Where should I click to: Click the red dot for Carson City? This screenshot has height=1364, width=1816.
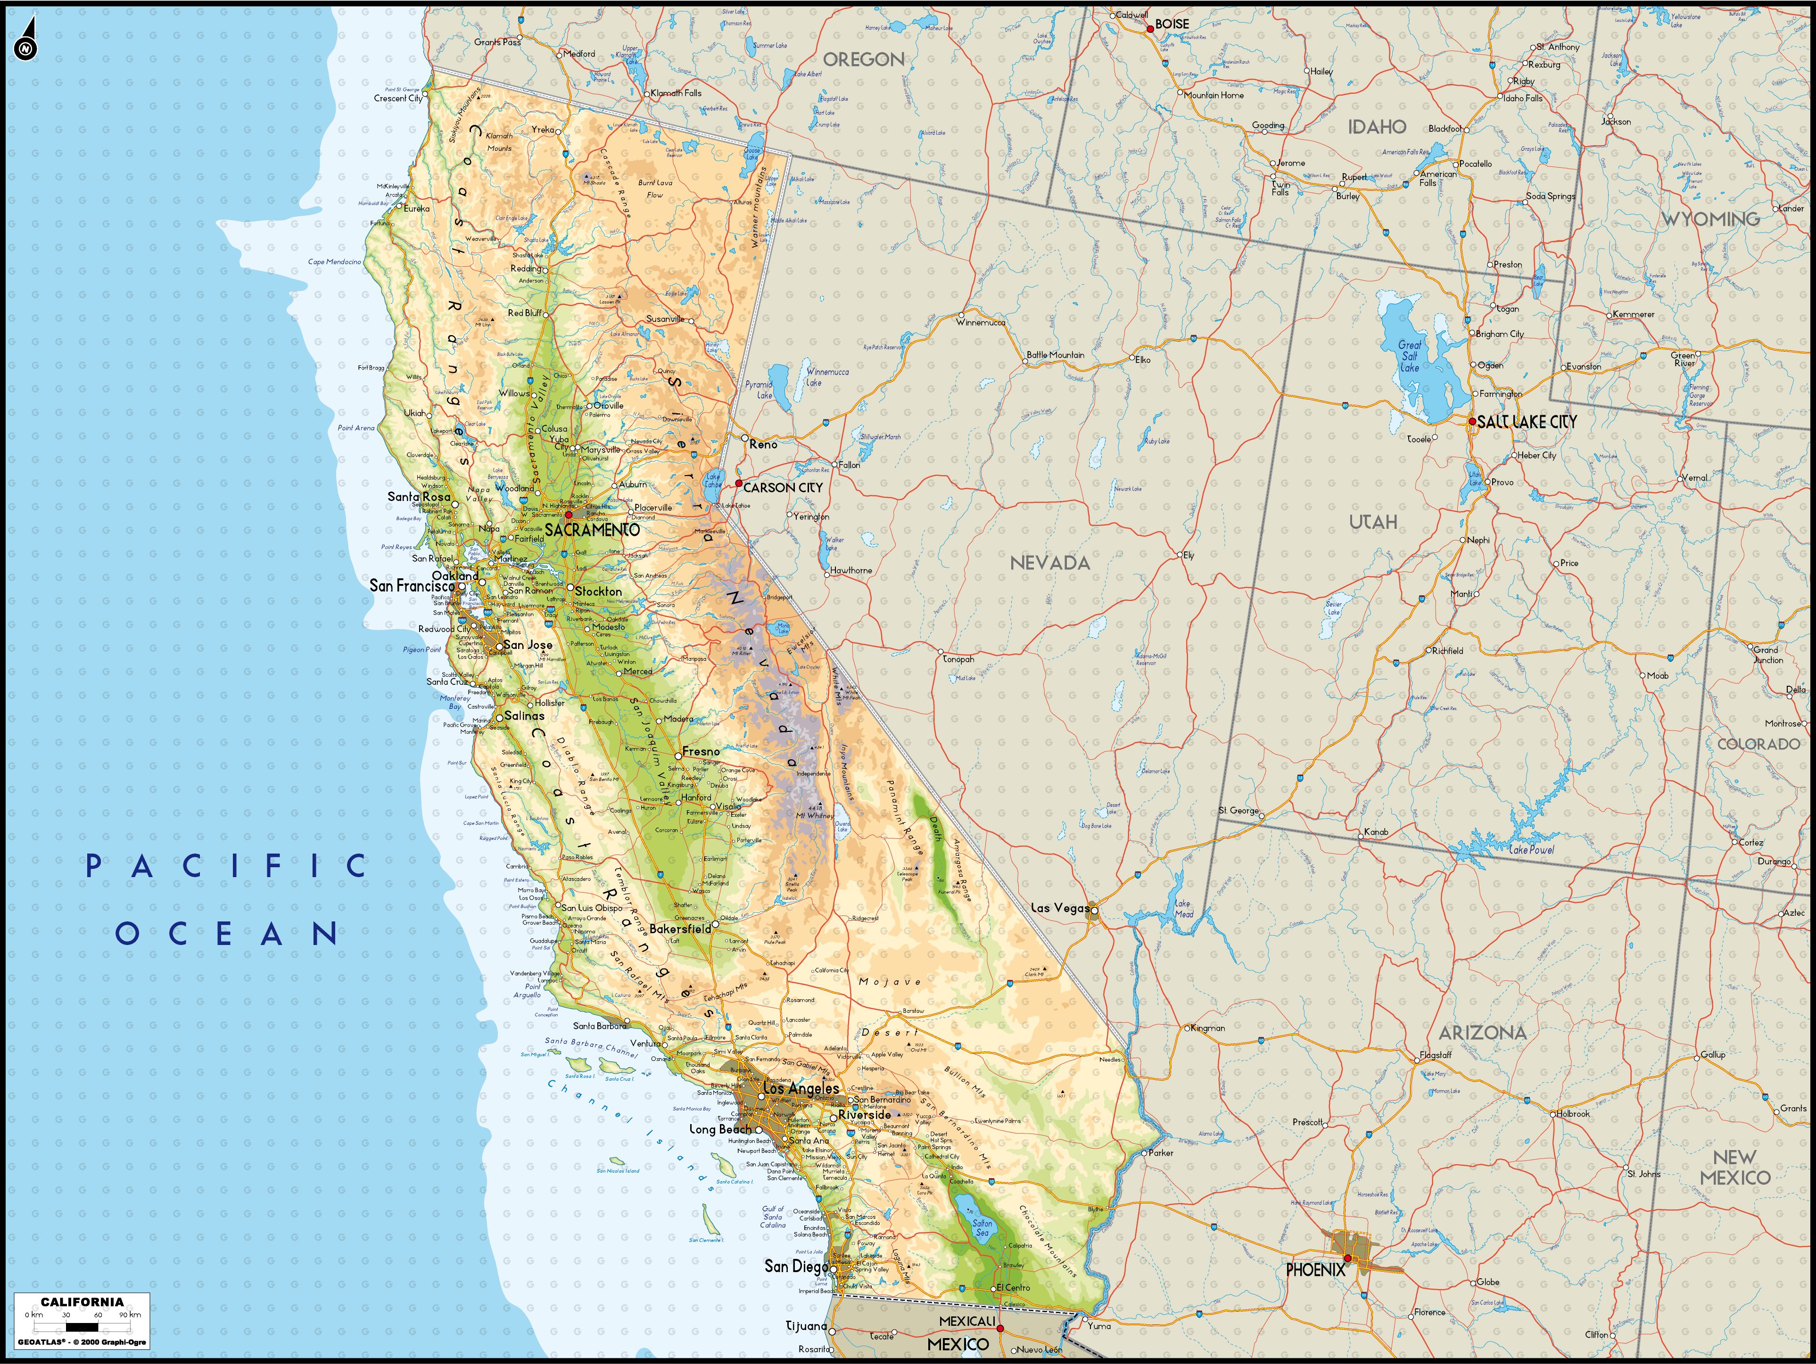pos(738,484)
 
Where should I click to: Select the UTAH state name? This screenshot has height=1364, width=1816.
pos(1373,522)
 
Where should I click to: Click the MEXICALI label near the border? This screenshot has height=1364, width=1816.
pos(966,1321)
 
